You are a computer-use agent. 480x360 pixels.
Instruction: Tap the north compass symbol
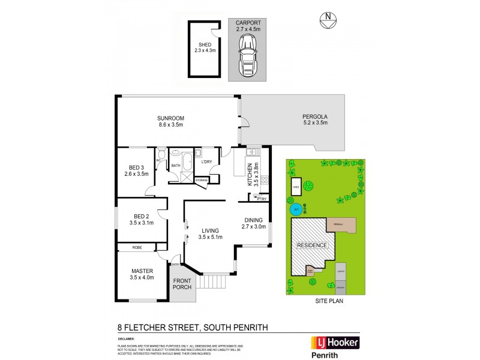click(326, 20)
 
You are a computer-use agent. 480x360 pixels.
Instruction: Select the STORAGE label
click(201, 179)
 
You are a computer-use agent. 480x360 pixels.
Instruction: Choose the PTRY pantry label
click(262, 197)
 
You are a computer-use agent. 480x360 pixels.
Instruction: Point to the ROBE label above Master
click(137, 247)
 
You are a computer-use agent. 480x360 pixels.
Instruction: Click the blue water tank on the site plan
click(296, 210)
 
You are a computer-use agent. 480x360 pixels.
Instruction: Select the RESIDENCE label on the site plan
click(311, 245)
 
